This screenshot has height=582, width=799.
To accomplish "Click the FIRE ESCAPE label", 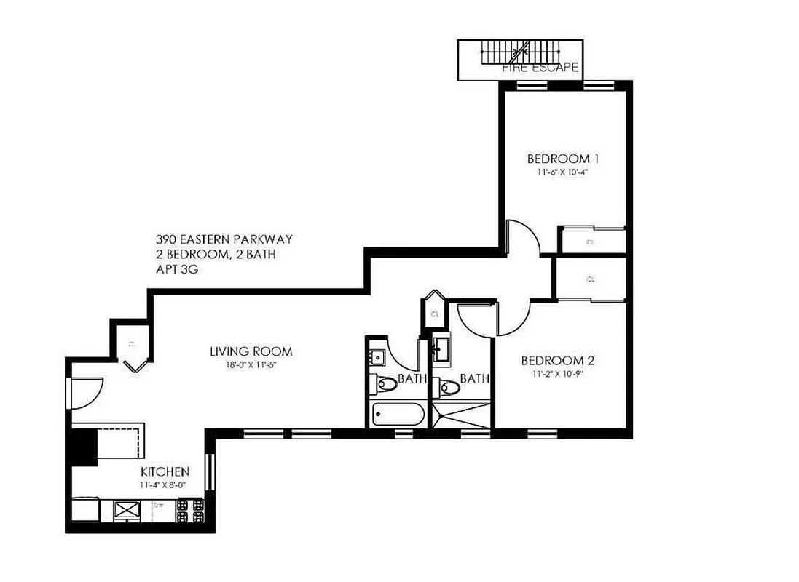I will (x=540, y=68).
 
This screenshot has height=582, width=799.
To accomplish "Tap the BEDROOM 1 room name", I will (x=563, y=159).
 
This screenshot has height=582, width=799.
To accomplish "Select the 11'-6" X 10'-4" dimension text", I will (x=563, y=173).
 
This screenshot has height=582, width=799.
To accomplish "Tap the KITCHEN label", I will (x=165, y=471).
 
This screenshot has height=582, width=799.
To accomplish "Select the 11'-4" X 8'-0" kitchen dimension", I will (x=165, y=484).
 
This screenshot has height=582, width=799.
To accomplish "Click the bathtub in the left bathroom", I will (x=397, y=415).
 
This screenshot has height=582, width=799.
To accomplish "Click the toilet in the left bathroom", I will (x=385, y=383).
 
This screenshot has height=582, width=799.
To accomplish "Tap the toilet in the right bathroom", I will (x=449, y=388).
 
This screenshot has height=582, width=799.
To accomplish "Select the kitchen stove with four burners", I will (x=191, y=510).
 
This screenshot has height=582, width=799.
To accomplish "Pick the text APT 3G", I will (x=176, y=268).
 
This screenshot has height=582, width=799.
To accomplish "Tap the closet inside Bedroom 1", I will (x=591, y=240).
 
